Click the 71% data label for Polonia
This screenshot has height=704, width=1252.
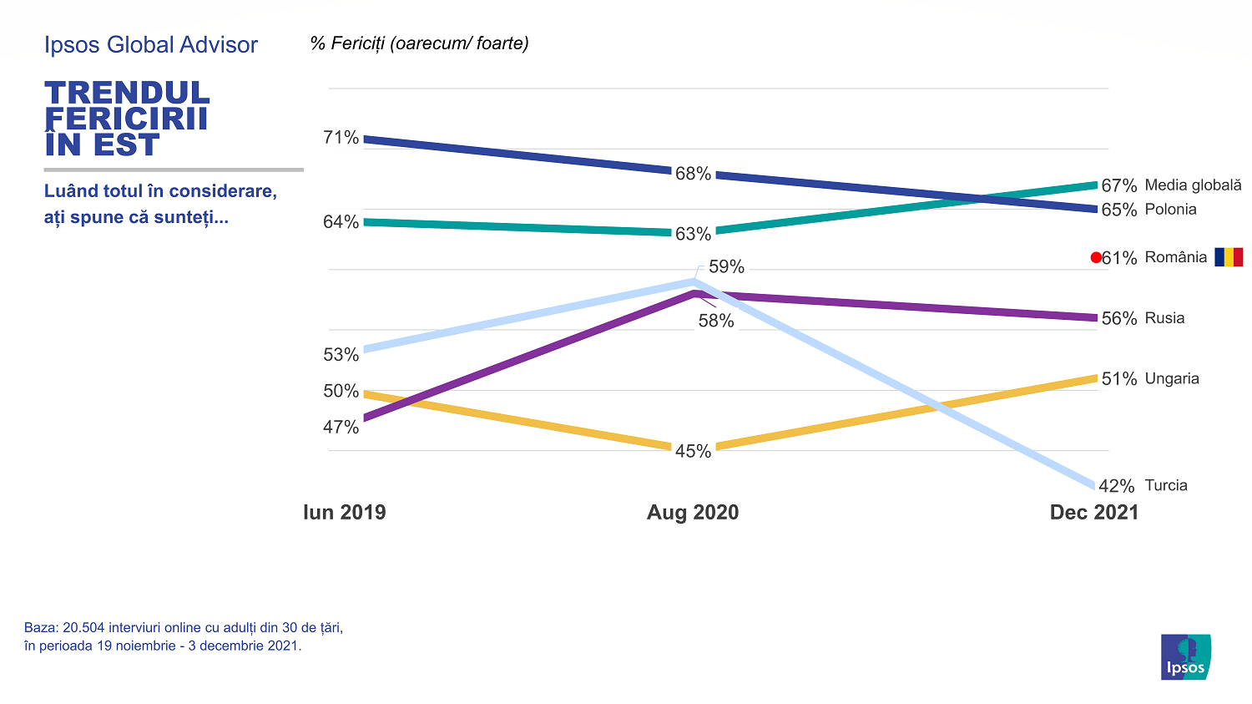click(x=341, y=138)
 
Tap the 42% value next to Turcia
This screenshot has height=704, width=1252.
click(x=1117, y=486)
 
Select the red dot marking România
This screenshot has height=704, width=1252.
click(x=1096, y=258)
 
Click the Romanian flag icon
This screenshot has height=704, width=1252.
click(x=1229, y=257)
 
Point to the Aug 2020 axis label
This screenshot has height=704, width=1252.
click(x=693, y=513)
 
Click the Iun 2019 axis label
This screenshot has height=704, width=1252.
click(x=345, y=513)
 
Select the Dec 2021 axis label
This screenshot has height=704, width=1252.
click(x=1093, y=513)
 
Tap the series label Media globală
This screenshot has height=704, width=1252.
click(x=1193, y=185)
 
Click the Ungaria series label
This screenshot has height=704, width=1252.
click(x=1172, y=379)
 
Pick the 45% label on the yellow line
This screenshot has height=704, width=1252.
click(x=693, y=452)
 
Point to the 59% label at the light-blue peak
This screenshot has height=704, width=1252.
click(x=726, y=267)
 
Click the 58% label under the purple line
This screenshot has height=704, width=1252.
click(x=716, y=322)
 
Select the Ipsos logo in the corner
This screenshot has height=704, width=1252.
click(x=1185, y=657)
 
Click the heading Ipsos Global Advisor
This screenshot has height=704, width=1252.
click(x=151, y=45)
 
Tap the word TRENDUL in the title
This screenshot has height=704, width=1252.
click(x=127, y=93)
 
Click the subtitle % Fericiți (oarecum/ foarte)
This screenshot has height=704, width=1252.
click(x=419, y=43)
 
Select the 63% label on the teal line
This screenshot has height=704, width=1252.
click(x=693, y=235)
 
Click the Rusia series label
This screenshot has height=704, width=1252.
click(x=1164, y=318)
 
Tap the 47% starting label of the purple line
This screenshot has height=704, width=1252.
click(x=341, y=428)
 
